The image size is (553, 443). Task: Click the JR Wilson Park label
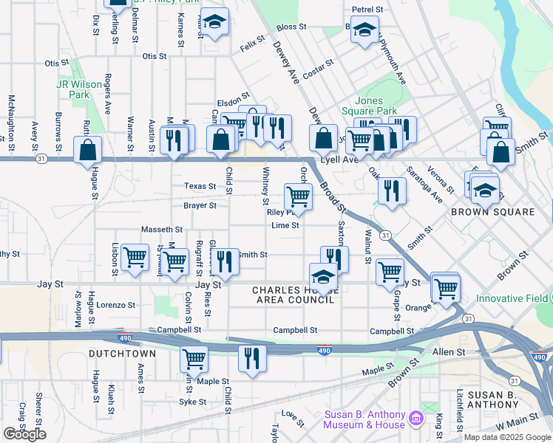point(78,89)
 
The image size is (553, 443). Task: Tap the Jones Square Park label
point(376,106)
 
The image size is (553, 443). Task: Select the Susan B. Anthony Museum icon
point(416,419)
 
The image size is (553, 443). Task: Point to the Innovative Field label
point(512,298)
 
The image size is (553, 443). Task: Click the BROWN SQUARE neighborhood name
point(492,212)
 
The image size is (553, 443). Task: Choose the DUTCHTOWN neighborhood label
point(122,354)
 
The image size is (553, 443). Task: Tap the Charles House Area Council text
point(296,295)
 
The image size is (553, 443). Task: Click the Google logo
point(24,434)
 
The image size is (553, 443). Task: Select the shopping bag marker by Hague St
point(88,149)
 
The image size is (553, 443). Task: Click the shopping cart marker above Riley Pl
point(298,196)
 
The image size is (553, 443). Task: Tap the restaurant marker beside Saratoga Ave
point(392,190)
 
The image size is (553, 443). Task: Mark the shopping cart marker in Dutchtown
point(194,359)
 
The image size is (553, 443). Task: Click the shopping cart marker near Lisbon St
point(135,258)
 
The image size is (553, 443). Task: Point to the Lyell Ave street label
point(339,159)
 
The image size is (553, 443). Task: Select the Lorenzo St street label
point(116,304)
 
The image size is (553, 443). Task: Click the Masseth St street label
point(162,230)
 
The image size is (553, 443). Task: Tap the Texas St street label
point(200,187)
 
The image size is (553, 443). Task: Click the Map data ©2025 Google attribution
point(506,437)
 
